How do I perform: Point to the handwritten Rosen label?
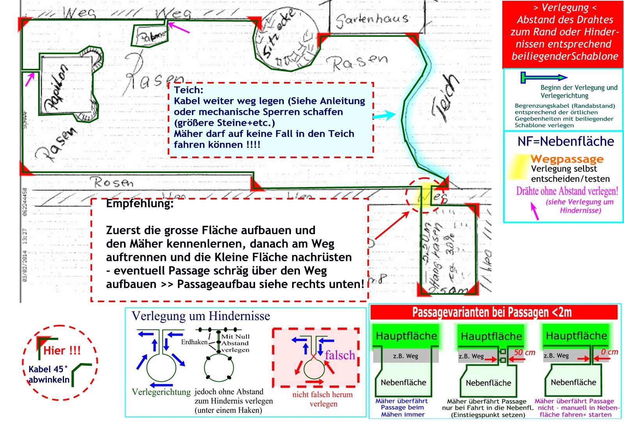click(x=113, y=182)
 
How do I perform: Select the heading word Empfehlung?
click(x=140, y=203)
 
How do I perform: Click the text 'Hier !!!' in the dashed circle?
click(x=62, y=350)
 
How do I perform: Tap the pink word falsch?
click(x=340, y=355)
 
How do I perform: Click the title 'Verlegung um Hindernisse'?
click(x=201, y=316)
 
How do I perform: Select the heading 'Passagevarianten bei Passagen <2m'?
click(x=492, y=312)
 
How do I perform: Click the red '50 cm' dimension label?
click(x=524, y=353)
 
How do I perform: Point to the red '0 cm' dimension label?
click(x=609, y=352)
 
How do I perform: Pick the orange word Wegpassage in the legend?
click(x=567, y=159)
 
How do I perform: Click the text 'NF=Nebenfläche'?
click(x=565, y=141)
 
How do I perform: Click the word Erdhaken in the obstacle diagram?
click(x=194, y=342)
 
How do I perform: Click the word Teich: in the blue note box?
click(x=188, y=90)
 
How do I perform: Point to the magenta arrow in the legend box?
click(x=535, y=211)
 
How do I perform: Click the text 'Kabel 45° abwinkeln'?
click(x=49, y=374)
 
